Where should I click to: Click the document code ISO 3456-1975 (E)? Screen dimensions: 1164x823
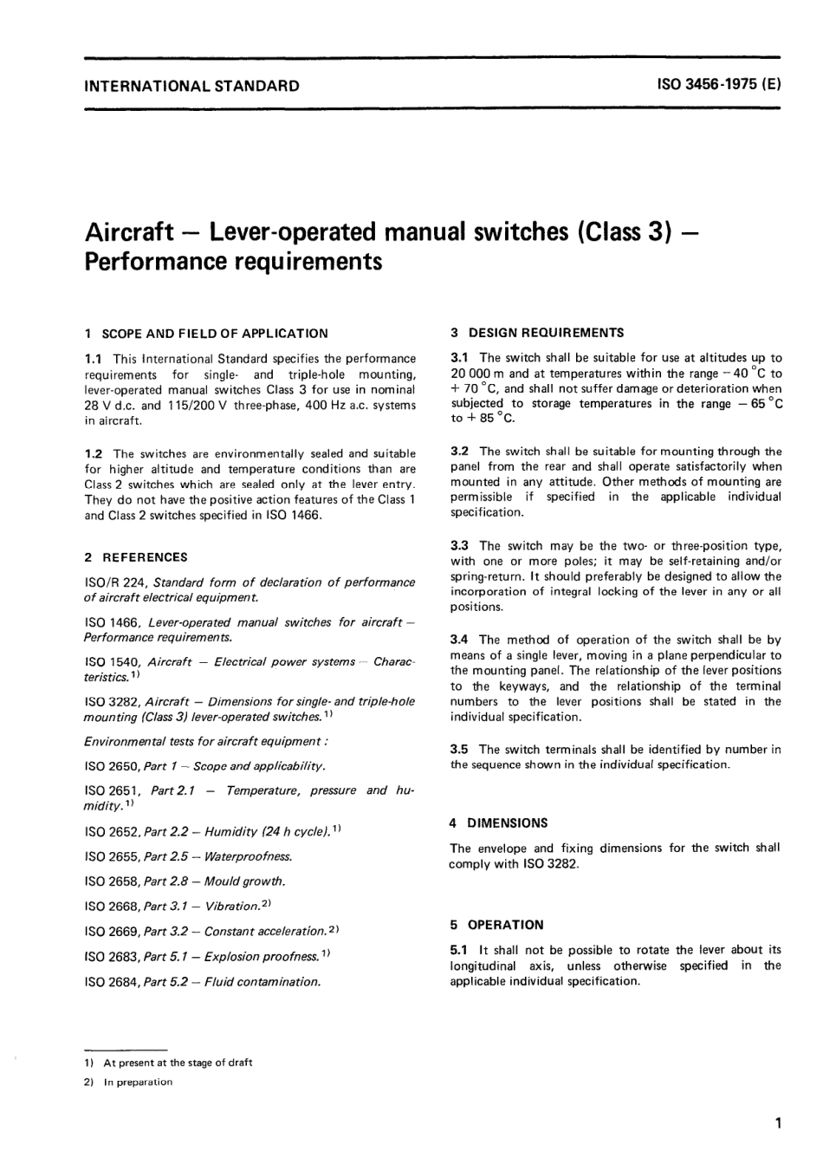coord(719,86)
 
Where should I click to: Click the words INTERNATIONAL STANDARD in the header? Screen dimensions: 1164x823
coord(191,86)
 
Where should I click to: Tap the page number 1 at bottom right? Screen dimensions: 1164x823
coord(779,1124)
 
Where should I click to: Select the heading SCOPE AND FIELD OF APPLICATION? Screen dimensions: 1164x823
coord(215,333)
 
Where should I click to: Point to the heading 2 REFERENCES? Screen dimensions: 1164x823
coord(136,557)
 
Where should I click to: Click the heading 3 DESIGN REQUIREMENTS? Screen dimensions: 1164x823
coord(537,332)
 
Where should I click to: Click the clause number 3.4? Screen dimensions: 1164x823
coord(459,640)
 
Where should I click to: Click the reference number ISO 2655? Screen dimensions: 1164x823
coord(112,856)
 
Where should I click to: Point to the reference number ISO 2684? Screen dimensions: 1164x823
coord(112,982)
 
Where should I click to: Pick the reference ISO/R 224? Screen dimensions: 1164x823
coord(114,582)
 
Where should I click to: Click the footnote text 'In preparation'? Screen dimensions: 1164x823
coord(138,1082)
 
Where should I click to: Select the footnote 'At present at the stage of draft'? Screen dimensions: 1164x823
coord(178,1063)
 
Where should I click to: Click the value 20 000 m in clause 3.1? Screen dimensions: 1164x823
coord(477,374)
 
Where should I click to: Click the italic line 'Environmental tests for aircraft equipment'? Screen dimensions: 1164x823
coord(205,741)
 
